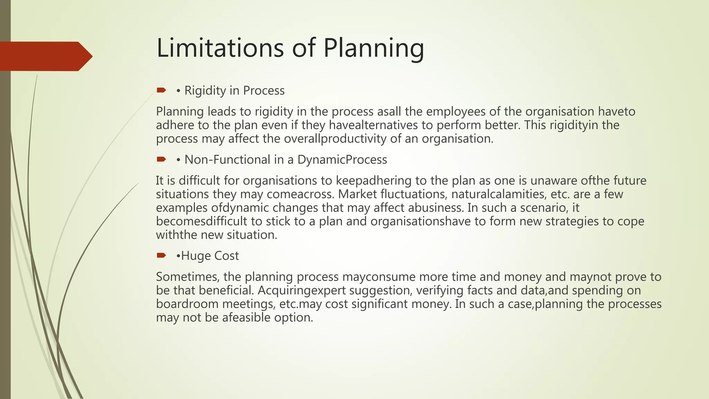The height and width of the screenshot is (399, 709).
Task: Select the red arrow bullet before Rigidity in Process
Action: [161, 90]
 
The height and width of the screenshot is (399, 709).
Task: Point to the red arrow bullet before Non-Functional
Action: [161, 159]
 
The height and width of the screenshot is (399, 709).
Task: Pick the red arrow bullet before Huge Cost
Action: [161, 256]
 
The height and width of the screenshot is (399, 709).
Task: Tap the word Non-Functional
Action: [227, 160]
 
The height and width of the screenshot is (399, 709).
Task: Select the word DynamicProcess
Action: [342, 160]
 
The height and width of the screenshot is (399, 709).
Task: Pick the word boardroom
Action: [187, 304]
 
